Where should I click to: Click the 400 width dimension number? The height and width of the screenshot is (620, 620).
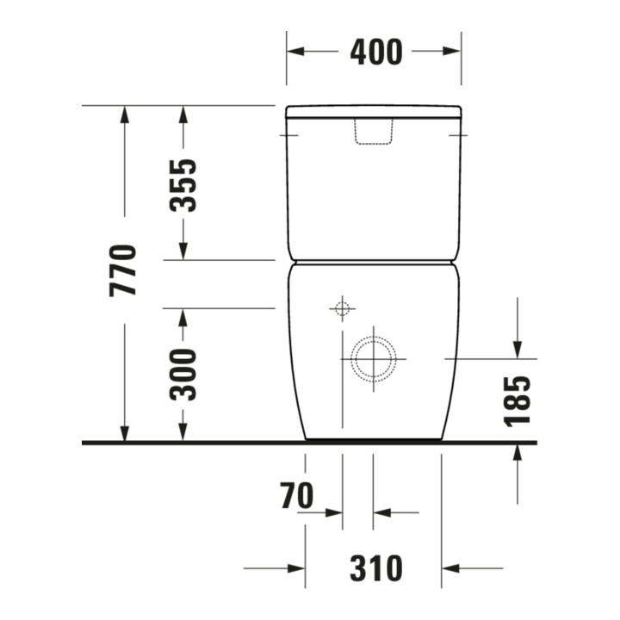pyautogui.click(x=376, y=52)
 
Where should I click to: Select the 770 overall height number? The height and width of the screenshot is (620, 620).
pyautogui.click(x=123, y=270)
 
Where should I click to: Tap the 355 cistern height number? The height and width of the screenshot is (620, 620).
pyautogui.click(x=183, y=185)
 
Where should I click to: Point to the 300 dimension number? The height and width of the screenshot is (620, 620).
pyautogui.click(x=183, y=375)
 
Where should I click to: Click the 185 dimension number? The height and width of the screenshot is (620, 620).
pyautogui.click(x=518, y=402)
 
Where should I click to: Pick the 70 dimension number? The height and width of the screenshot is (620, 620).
pyautogui.click(x=297, y=495)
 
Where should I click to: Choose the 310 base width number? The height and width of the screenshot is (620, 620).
pyautogui.click(x=376, y=568)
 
